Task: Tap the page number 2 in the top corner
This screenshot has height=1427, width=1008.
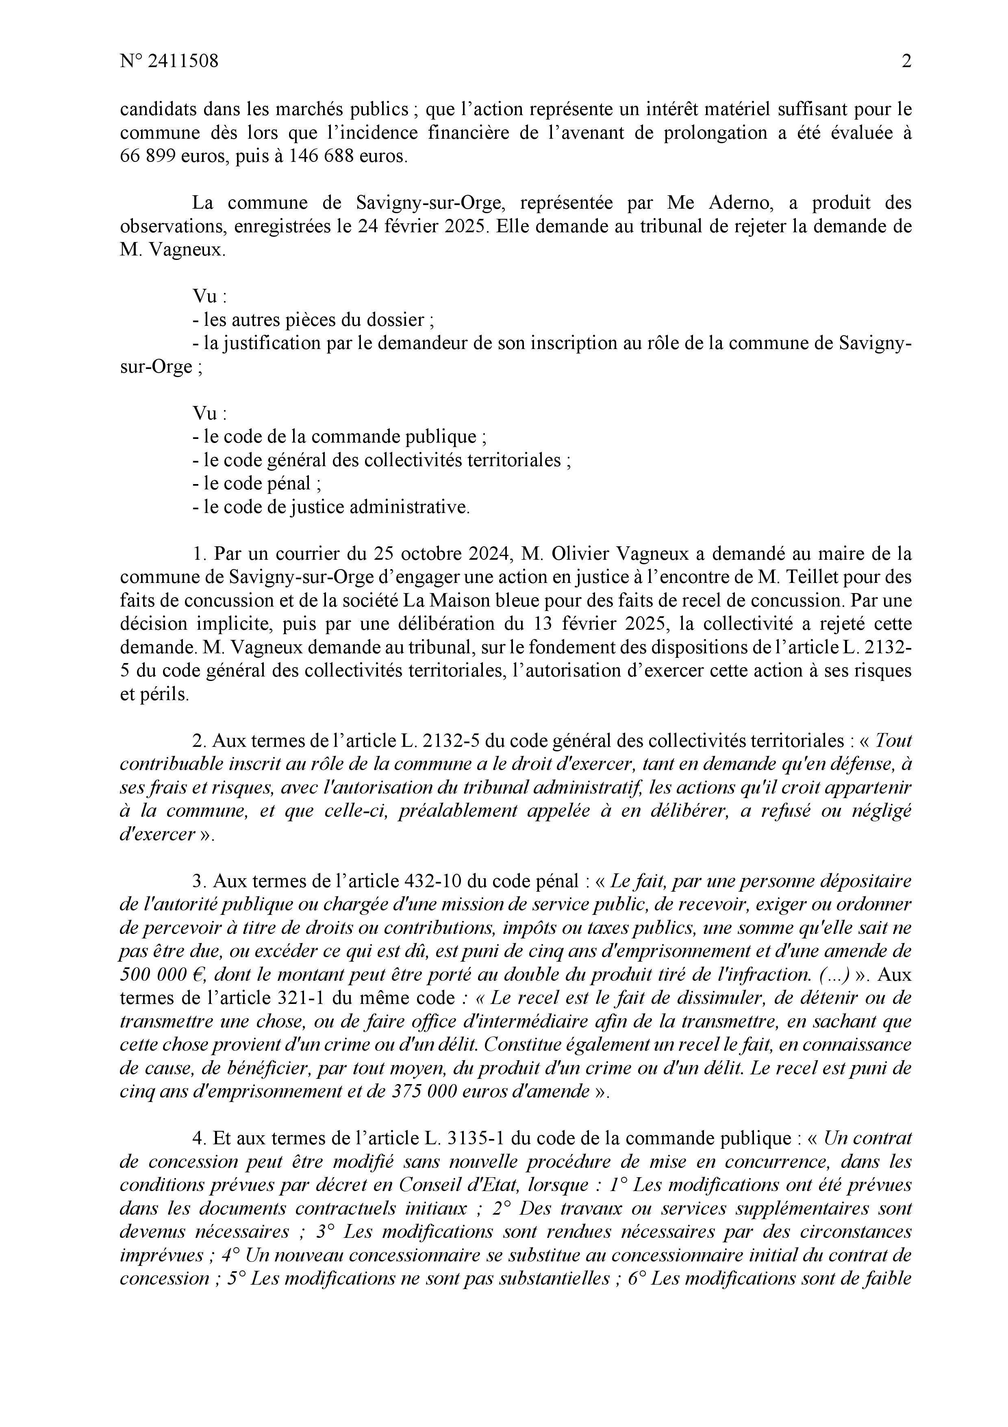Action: [906, 61]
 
